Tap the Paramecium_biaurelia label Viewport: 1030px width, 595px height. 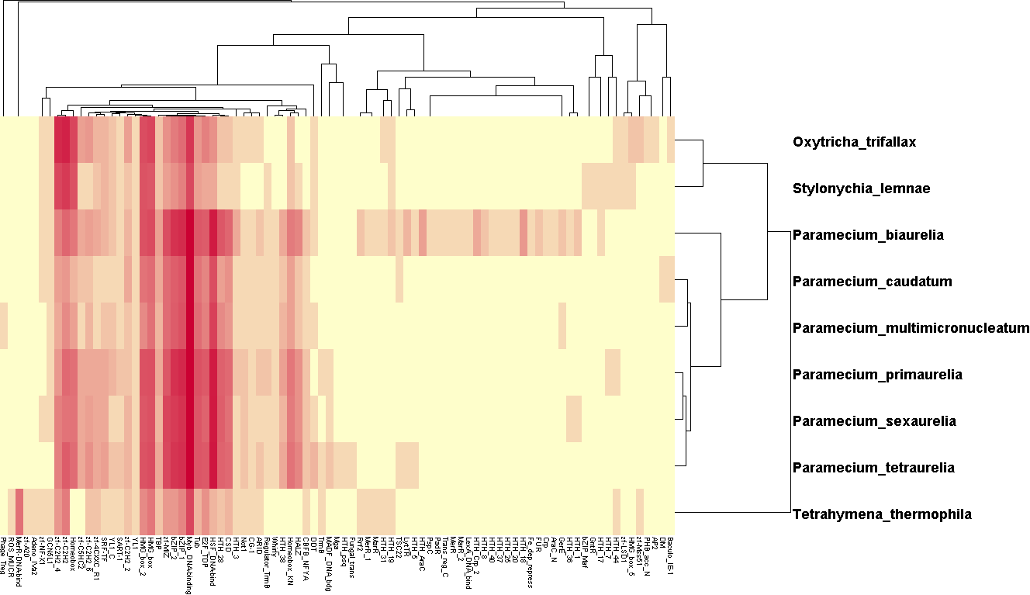pyautogui.click(x=868, y=235)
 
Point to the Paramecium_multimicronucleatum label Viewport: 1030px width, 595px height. pyautogui.click(x=911, y=328)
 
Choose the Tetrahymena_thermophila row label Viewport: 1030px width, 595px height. pyautogui.click(x=882, y=514)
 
